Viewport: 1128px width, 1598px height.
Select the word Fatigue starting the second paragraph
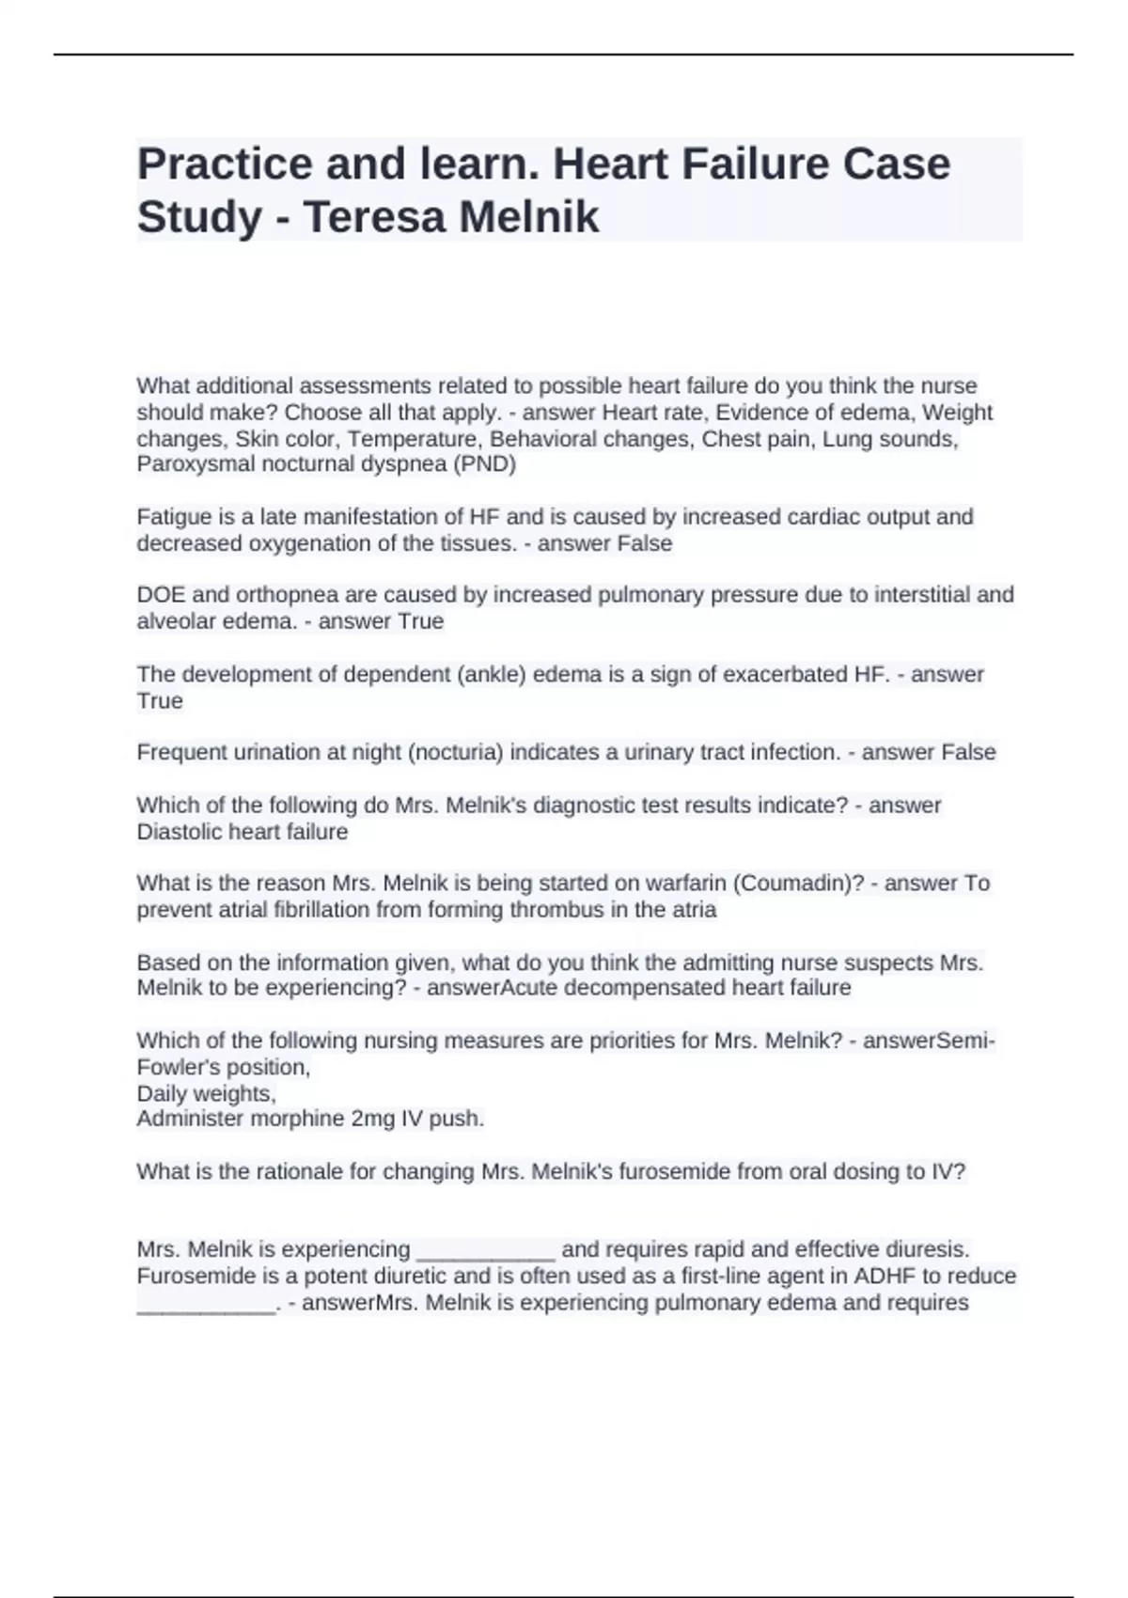coord(173,517)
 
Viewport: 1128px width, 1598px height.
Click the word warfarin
coord(686,884)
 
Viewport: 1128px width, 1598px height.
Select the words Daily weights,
coord(206,1093)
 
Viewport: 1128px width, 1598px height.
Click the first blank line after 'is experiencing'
coord(485,1251)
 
